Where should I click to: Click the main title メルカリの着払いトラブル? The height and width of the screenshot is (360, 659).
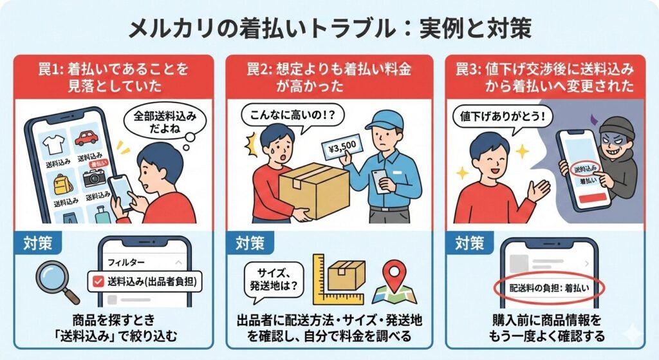coord(257,28)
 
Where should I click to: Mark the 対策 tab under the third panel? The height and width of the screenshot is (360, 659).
coord(470,243)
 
